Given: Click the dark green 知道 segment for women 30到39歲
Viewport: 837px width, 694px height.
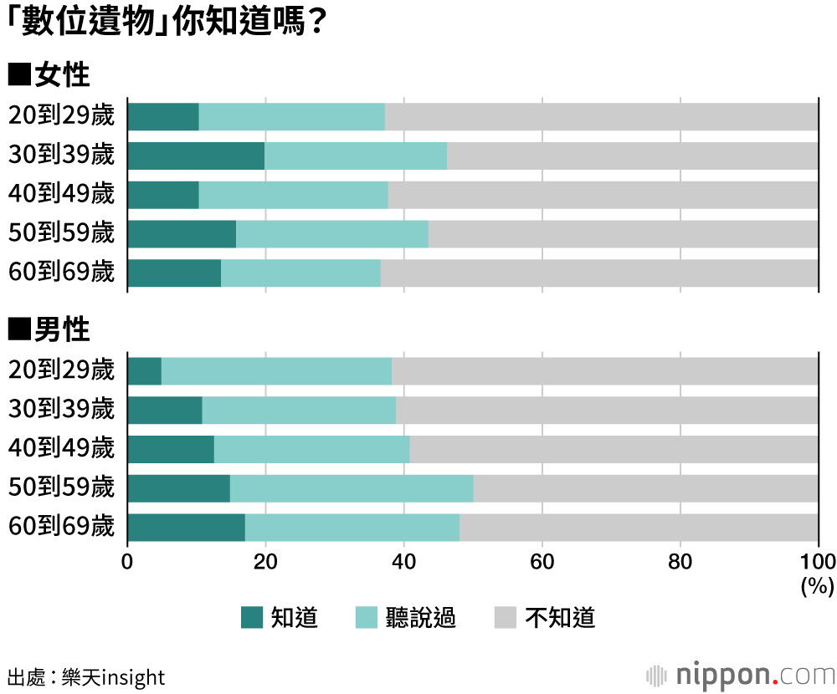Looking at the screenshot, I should (x=196, y=156).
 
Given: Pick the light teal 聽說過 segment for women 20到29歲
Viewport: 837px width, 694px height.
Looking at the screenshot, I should (x=291, y=117).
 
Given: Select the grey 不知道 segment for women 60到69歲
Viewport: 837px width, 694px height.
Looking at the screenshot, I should (x=599, y=273).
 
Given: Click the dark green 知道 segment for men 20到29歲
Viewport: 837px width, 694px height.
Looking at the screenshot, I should (x=144, y=371).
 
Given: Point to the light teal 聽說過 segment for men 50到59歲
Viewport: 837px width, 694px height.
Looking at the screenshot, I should (x=352, y=488).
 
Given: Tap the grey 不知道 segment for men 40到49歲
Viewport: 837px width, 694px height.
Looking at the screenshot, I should (x=614, y=449).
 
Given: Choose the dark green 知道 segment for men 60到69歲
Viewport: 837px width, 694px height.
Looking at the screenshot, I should (x=186, y=528).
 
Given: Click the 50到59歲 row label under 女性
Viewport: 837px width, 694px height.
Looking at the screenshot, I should (x=61, y=233).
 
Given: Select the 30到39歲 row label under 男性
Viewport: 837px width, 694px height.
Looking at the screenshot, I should (x=61, y=409).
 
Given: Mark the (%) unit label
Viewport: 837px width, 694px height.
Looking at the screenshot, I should (x=817, y=585).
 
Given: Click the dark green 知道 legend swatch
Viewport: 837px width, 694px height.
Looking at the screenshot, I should (x=252, y=618).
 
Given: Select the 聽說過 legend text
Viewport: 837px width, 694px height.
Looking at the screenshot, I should (x=421, y=618).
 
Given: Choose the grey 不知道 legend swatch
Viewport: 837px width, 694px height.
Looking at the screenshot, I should (x=506, y=618).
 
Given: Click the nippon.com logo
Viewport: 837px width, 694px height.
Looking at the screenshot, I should (x=741, y=674).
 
